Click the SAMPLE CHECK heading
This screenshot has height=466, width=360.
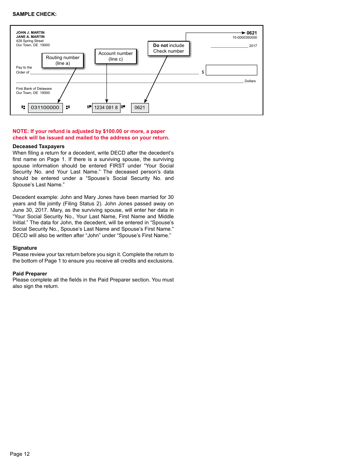[x=34, y=14]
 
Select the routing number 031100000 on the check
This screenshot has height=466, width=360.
[x=45, y=108]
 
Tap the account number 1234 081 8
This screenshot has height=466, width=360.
[x=106, y=108]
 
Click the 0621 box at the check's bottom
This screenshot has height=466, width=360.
[x=140, y=108]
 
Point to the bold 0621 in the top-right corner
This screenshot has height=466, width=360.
[x=252, y=33]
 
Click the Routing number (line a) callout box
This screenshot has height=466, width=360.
[x=63, y=60]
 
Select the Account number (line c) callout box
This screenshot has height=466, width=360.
[x=116, y=56]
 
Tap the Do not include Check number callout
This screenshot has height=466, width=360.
[x=168, y=48]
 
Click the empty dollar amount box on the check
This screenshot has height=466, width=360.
[x=231, y=70]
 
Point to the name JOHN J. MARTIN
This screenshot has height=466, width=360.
[x=30, y=33]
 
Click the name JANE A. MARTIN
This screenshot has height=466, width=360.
[x=30, y=37]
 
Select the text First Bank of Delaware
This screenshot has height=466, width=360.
[x=34, y=89]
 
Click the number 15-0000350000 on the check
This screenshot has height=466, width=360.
[x=245, y=38]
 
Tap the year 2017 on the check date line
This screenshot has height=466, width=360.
[x=253, y=46]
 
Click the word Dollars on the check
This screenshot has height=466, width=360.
[x=250, y=81]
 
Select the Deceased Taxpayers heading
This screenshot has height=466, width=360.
[x=38, y=146]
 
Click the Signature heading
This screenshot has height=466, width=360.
[x=25, y=248]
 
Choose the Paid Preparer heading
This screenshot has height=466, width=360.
[x=30, y=274]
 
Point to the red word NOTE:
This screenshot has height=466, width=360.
[x=21, y=131]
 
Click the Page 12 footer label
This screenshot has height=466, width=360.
[x=20, y=454]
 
